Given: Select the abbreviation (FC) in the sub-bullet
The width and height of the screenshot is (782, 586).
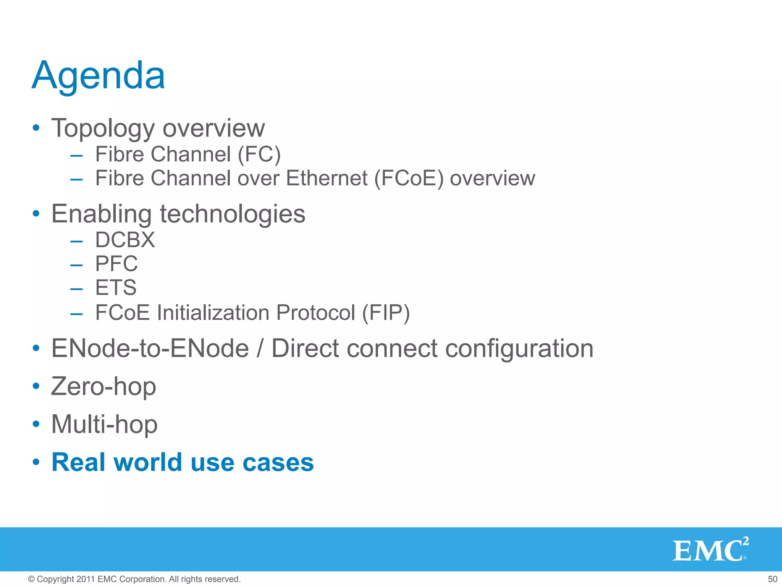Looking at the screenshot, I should click(259, 155).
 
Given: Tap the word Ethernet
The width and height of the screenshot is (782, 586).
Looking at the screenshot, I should click(327, 178).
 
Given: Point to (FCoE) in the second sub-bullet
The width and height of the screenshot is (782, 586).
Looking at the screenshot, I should click(409, 179).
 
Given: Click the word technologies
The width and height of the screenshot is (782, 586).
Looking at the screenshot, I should click(232, 214).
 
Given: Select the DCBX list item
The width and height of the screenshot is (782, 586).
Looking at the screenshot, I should click(125, 240).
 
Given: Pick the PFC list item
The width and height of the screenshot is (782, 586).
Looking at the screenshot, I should click(116, 264).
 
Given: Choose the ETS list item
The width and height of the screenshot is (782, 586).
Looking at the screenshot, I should click(116, 287).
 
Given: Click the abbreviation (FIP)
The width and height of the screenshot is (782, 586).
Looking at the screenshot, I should click(386, 313).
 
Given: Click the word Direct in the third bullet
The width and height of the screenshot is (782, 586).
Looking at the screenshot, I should click(305, 348).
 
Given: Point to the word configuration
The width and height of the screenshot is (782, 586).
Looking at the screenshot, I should click(519, 349).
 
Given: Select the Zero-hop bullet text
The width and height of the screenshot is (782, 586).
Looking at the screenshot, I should click(103, 386).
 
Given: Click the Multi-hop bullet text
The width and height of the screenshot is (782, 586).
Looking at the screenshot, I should click(104, 424).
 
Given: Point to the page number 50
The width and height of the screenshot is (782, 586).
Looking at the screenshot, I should click(772, 579).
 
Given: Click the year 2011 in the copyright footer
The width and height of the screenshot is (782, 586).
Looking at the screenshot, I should click(85, 579).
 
